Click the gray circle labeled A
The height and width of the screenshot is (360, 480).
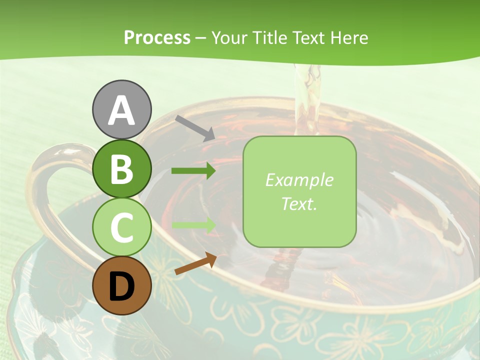pyautogui.click(x=122, y=109)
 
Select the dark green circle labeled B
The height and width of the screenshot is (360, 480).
pyautogui.click(x=122, y=168)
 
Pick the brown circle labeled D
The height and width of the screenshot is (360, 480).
pyautogui.click(x=122, y=285)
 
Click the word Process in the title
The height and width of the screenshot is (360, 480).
pyautogui.click(x=157, y=37)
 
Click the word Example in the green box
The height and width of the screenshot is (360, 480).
pyautogui.click(x=299, y=180)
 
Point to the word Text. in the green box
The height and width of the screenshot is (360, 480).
pyautogui.click(x=299, y=203)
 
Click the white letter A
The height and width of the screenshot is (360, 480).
pyautogui.click(x=122, y=110)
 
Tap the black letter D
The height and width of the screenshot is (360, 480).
pyautogui.click(x=122, y=286)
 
